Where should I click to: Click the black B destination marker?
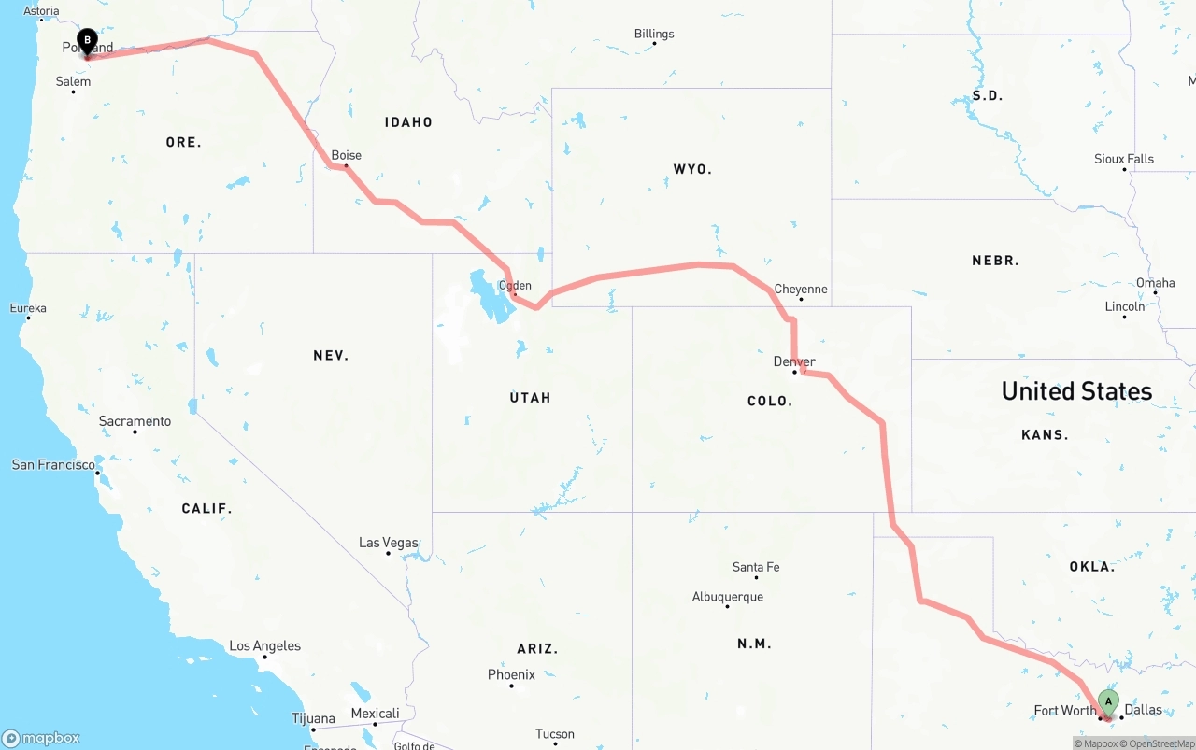pyautogui.click(x=87, y=42)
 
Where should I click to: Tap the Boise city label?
pyautogui.click(x=346, y=155)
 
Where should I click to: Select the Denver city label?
pyautogui.click(x=794, y=361)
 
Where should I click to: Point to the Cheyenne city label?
pyautogui.click(x=801, y=289)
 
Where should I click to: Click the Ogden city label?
pyautogui.click(x=515, y=286)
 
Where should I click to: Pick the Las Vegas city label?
pyautogui.click(x=389, y=543)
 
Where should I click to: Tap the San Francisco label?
pyautogui.click(x=53, y=464)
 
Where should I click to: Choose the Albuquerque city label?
pyautogui.click(x=727, y=597)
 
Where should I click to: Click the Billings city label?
pyautogui.click(x=654, y=34)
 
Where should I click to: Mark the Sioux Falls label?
pyautogui.click(x=1124, y=159)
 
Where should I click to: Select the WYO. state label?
pyautogui.click(x=692, y=169)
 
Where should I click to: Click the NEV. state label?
pyautogui.click(x=331, y=355)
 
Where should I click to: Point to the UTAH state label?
pyautogui.click(x=530, y=398)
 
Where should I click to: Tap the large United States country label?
pyautogui.click(x=1076, y=391)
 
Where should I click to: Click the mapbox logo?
pyautogui.click(x=41, y=738)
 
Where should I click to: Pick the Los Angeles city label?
pyautogui.click(x=265, y=645)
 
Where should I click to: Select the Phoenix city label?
pyautogui.click(x=511, y=674)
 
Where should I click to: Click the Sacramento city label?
pyautogui.click(x=135, y=421)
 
